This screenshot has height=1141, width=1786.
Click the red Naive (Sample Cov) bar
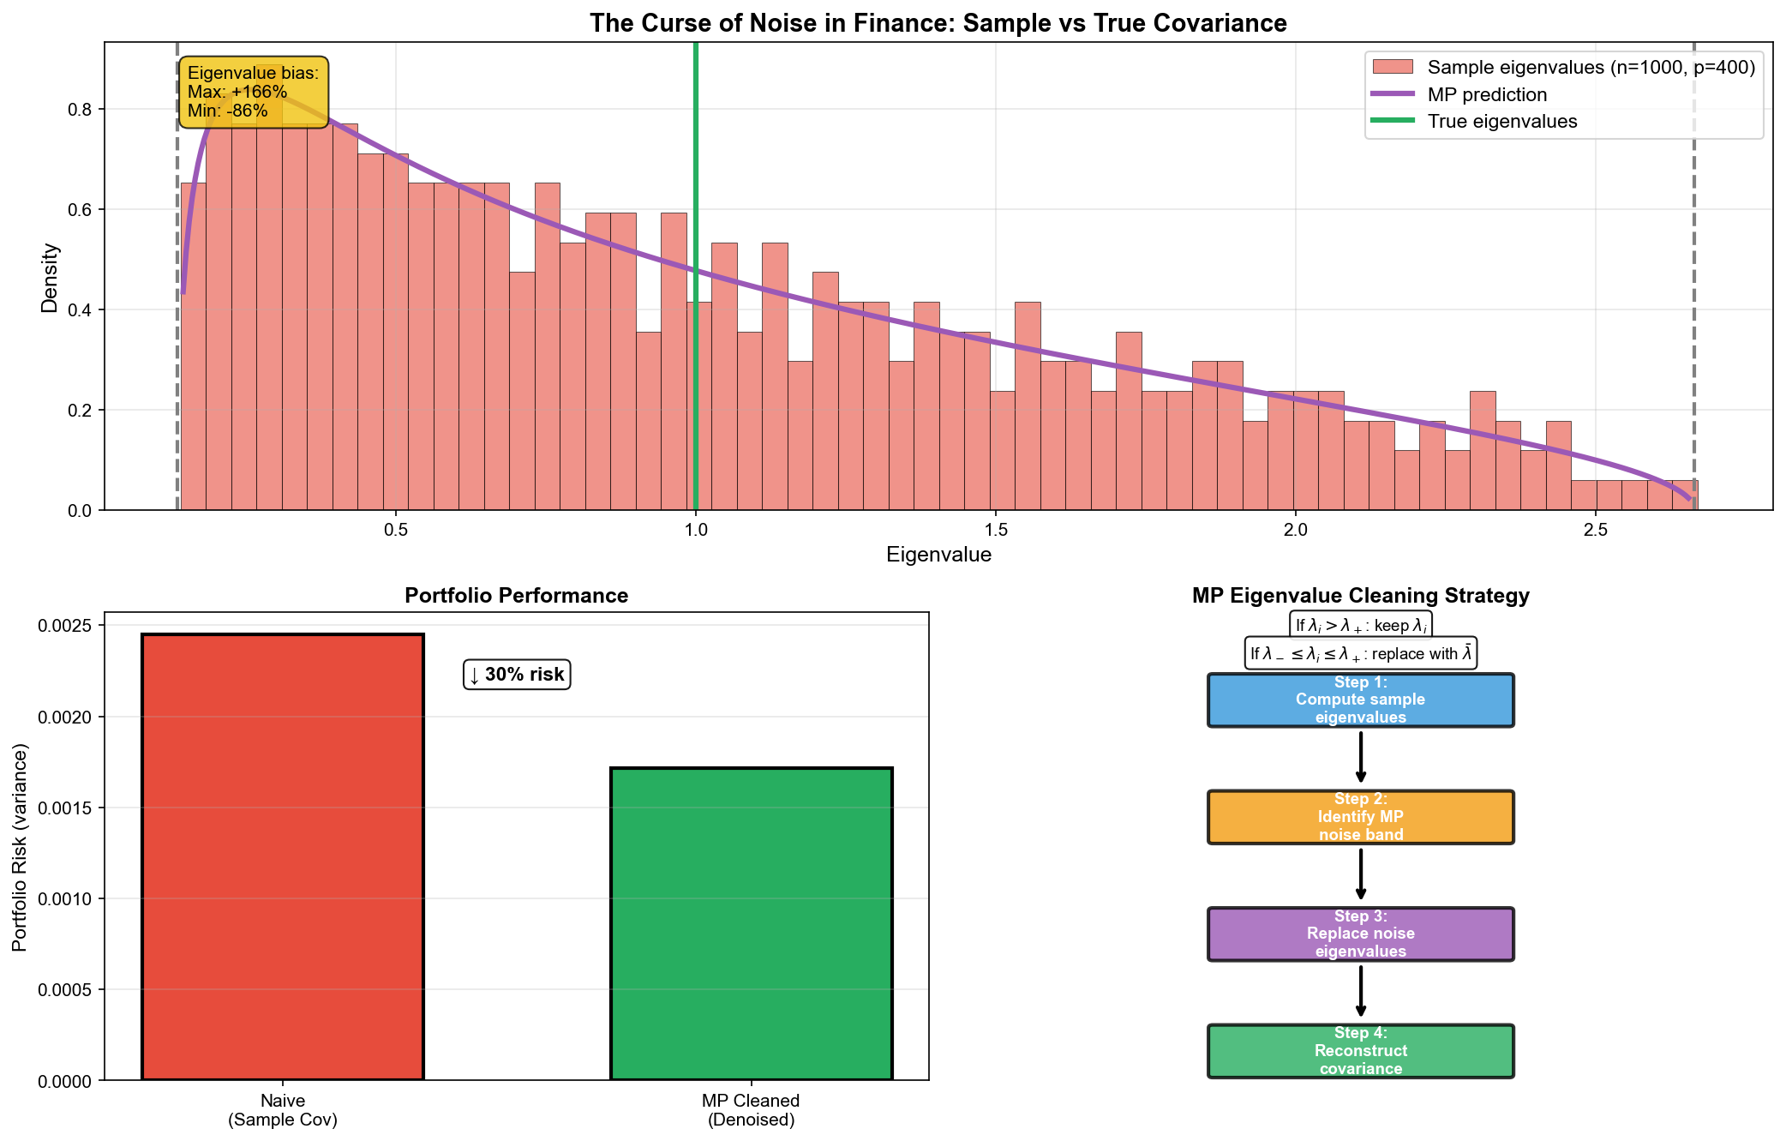click(x=282, y=856)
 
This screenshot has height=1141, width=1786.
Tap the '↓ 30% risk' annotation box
click(x=517, y=675)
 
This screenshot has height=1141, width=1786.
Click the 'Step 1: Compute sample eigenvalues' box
click(x=1360, y=700)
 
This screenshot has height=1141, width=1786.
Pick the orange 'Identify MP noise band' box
click(x=1360, y=817)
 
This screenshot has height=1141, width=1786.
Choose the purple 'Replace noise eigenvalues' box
click(x=1360, y=934)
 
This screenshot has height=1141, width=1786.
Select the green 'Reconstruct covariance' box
click(x=1360, y=1051)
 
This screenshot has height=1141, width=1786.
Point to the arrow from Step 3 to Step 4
click(x=1360, y=991)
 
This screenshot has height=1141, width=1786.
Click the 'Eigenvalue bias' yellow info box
click(x=253, y=93)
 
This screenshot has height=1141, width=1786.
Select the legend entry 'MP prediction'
click(x=1487, y=94)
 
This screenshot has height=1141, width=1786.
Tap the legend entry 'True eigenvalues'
click(x=1501, y=122)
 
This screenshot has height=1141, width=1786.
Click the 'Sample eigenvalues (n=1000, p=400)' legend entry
click(x=1591, y=67)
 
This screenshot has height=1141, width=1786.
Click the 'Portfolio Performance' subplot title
click(x=516, y=596)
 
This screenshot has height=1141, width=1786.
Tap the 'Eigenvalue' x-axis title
click(x=938, y=555)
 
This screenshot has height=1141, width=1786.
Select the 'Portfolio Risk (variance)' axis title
click(x=21, y=847)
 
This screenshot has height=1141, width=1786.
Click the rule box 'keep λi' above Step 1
click(x=1360, y=626)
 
